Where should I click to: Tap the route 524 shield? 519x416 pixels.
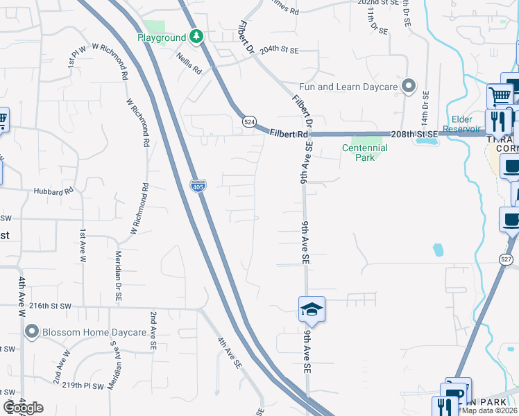(249, 122)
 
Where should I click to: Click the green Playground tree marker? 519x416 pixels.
(197, 37)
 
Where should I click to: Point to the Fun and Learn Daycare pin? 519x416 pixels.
(409, 87)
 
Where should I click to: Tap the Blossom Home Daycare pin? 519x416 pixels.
(31, 332)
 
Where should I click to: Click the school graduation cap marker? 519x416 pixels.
(312, 309)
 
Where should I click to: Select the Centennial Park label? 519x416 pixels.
(364, 153)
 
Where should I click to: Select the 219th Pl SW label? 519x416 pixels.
(83, 385)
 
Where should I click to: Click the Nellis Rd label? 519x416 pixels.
(188, 64)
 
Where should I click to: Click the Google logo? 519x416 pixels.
(23, 408)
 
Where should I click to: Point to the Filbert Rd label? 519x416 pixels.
(289, 133)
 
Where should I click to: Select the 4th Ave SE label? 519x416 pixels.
(228, 352)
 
